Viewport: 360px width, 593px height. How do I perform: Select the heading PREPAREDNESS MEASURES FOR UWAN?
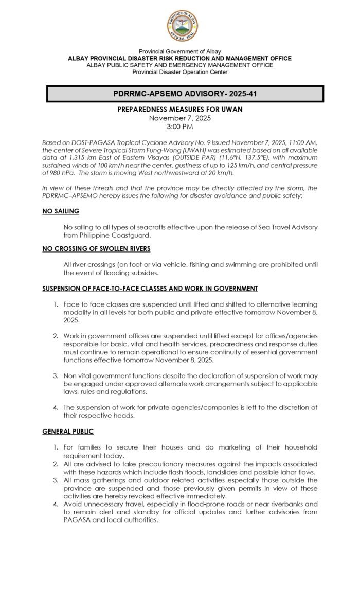pos(179,110)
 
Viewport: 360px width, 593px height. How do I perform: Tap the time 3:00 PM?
pos(179,126)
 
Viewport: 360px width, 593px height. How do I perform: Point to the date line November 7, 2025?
pos(179,118)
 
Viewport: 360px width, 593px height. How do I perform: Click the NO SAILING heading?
pos(61,211)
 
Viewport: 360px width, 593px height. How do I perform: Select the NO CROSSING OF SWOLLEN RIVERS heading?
pos(96,249)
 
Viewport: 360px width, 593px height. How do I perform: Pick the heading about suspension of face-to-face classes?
pos(150,287)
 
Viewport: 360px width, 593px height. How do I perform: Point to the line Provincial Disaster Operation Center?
pos(179,72)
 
